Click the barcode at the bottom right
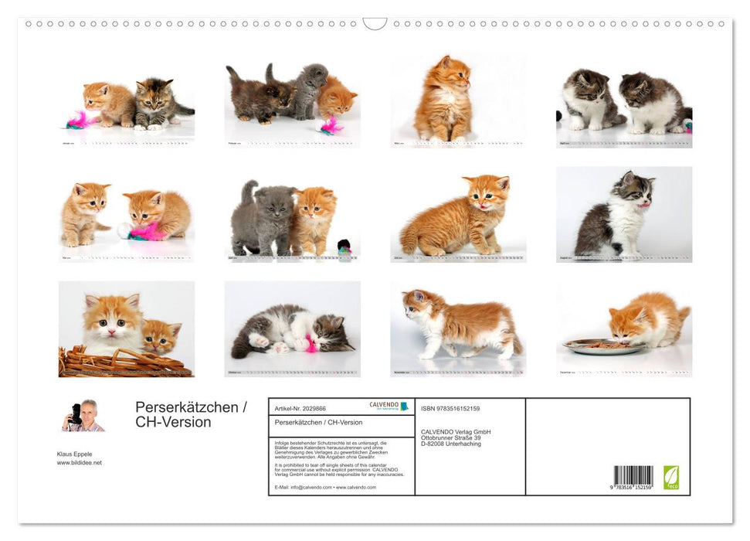pos(633,476)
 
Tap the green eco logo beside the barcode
pos(671,477)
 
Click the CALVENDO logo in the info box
pos(389,406)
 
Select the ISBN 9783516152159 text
pos(450,408)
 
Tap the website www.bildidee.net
pos(79,463)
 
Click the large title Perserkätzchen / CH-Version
pos(191,414)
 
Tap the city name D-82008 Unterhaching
pos(450,444)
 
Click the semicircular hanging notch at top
pos(375,23)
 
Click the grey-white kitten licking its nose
pos(617,216)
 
